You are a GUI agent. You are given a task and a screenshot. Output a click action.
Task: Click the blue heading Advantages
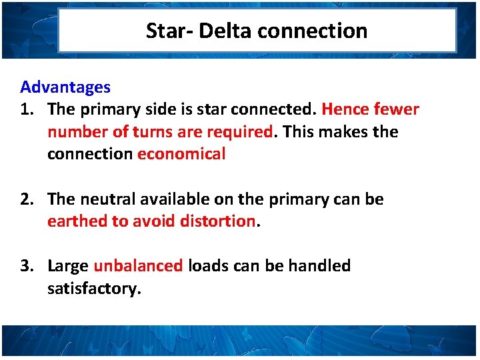65,87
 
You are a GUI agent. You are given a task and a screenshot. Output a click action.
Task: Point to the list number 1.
28,109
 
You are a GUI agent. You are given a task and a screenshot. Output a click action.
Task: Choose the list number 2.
28,199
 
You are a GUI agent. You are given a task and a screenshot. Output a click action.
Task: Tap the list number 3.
28,265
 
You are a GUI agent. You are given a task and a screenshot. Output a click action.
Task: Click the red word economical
181,154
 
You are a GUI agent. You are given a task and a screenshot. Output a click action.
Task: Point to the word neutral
109,199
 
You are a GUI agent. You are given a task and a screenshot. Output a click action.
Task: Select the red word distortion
218,221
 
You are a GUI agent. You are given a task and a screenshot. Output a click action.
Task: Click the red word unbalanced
138,265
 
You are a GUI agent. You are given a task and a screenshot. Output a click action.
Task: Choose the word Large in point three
68,266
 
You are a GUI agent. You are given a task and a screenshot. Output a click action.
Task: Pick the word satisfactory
94,289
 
